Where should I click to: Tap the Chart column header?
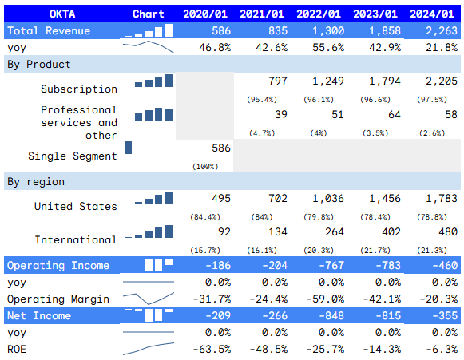(149, 14)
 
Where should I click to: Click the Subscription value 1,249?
(327, 81)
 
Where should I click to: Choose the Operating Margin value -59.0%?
(324, 299)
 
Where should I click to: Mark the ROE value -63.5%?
(212, 349)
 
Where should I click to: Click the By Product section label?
(39, 64)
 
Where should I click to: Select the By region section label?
(36, 181)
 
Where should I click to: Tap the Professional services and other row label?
(78, 122)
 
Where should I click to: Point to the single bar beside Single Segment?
(129, 148)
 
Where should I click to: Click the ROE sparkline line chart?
(149, 349)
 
